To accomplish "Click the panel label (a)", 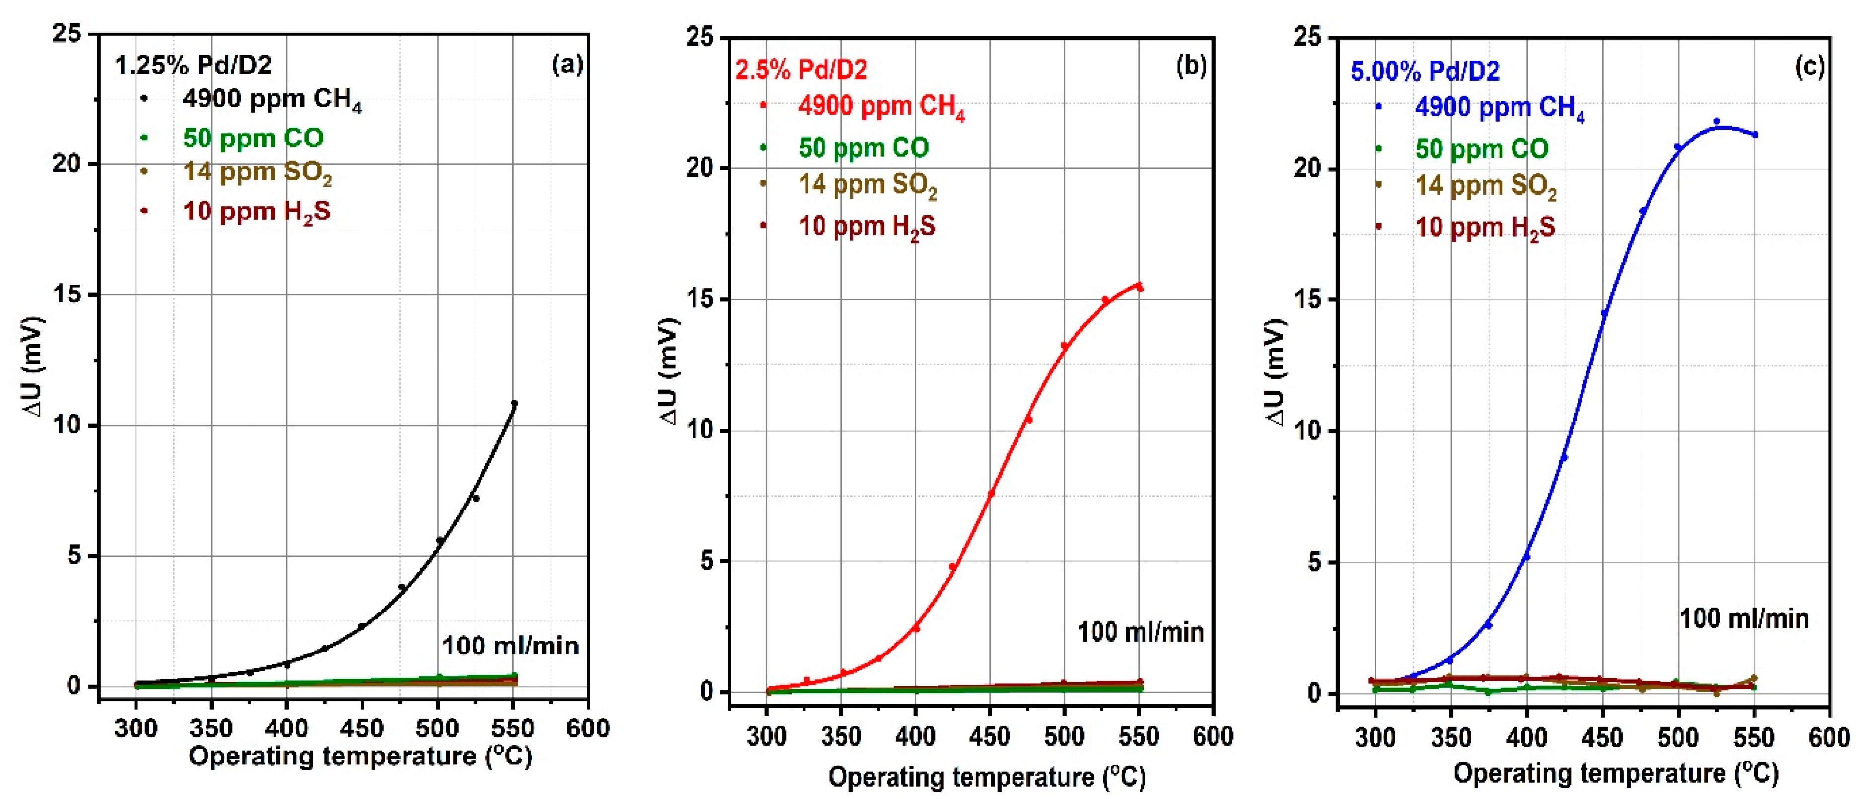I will coord(567,65).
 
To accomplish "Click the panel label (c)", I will coord(1809,67).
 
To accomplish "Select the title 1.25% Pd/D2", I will coord(193,66).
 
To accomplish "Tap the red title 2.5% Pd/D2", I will coord(801,70).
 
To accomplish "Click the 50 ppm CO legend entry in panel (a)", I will coord(252,138).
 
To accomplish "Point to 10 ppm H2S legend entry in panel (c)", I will coord(1484,227).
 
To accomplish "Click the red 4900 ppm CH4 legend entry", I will coord(881,107).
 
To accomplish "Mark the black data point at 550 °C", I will coord(514,403).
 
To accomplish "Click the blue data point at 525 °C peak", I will coord(1716,122).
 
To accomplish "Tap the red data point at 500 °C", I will coord(1064,346).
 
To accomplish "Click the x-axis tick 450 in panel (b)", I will coord(990,736).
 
